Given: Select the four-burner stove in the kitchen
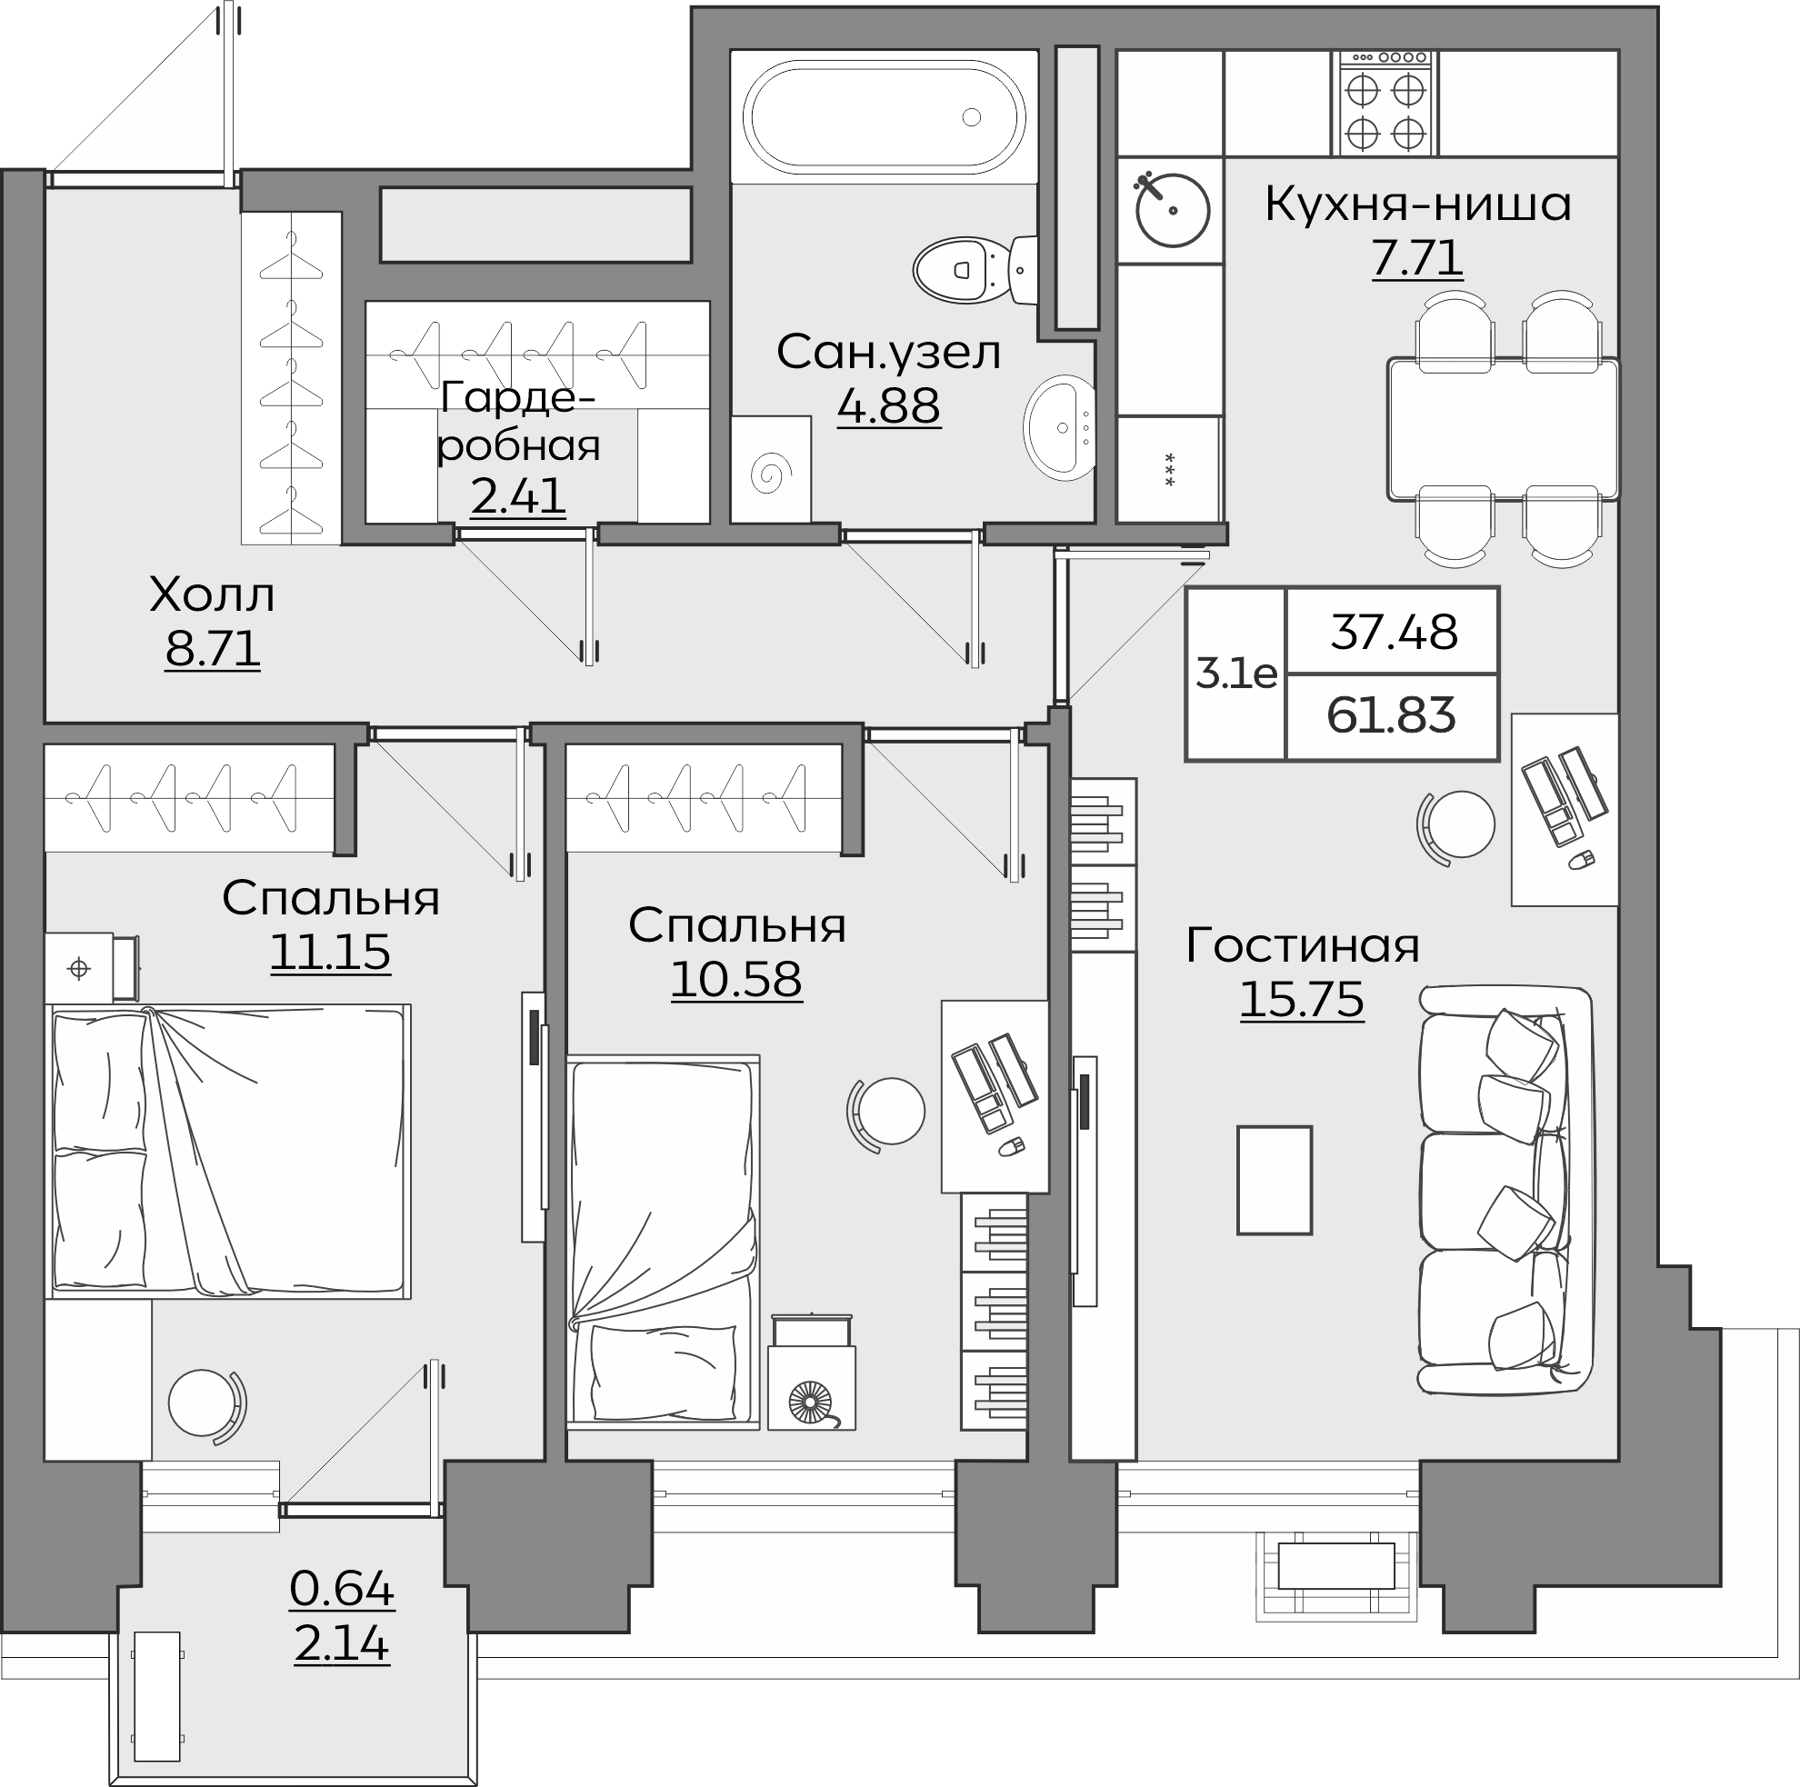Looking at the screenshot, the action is tap(1385, 103).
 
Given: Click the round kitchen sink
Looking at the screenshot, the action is tap(1172, 210).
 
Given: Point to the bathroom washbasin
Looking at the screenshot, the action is tap(1059, 427).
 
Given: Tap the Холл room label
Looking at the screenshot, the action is tap(213, 594).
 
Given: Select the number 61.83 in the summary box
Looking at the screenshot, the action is tap(1391, 715).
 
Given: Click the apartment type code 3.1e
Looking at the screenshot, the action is tap(1236, 673).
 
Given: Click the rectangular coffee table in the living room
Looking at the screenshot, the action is tap(1275, 1181).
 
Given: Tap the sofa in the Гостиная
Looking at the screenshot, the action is tap(1505, 1192).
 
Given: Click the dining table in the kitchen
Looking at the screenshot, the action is tap(1503, 430).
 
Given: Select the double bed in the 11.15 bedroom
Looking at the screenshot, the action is tap(229, 1151).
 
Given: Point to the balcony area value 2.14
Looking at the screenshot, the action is tap(341, 1642).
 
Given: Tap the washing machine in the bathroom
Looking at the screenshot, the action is tap(771, 469).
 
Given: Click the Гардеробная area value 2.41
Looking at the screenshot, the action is tap(518, 495).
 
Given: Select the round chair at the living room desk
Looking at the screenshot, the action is tap(1457, 824).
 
